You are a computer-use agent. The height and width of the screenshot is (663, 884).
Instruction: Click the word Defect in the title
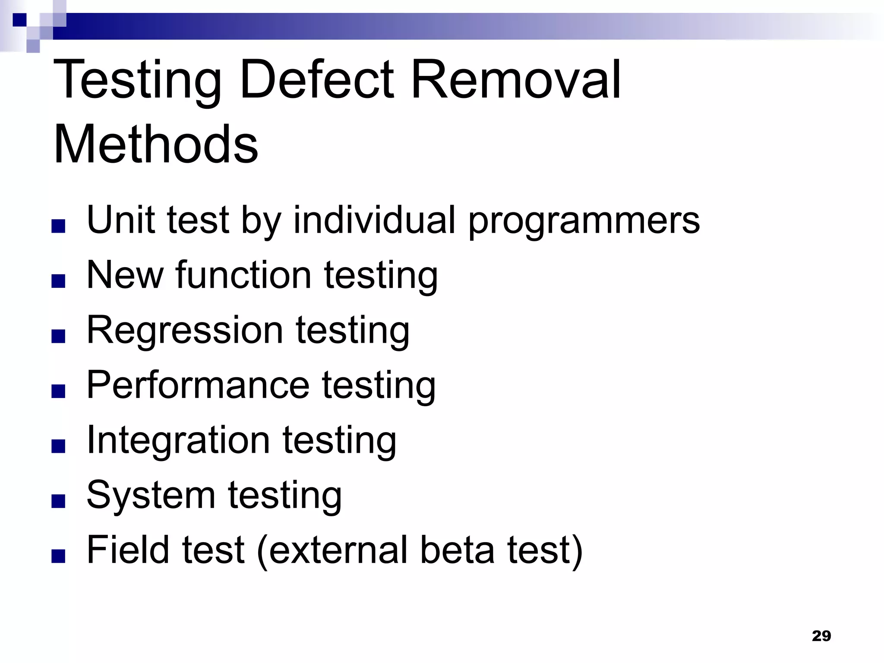(316, 80)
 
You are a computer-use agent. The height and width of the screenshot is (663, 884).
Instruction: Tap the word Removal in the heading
(516, 80)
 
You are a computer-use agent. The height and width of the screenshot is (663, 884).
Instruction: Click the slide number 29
(821, 636)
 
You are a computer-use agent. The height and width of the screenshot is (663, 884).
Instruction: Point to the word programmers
(584, 221)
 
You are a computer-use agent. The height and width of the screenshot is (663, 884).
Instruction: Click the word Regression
(185, 331)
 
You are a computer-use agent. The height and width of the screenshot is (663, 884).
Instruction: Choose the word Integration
(178, 441)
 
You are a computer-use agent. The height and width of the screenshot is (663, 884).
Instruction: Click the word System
(151, 496)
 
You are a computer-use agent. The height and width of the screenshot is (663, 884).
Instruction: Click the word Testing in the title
(137, 81)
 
